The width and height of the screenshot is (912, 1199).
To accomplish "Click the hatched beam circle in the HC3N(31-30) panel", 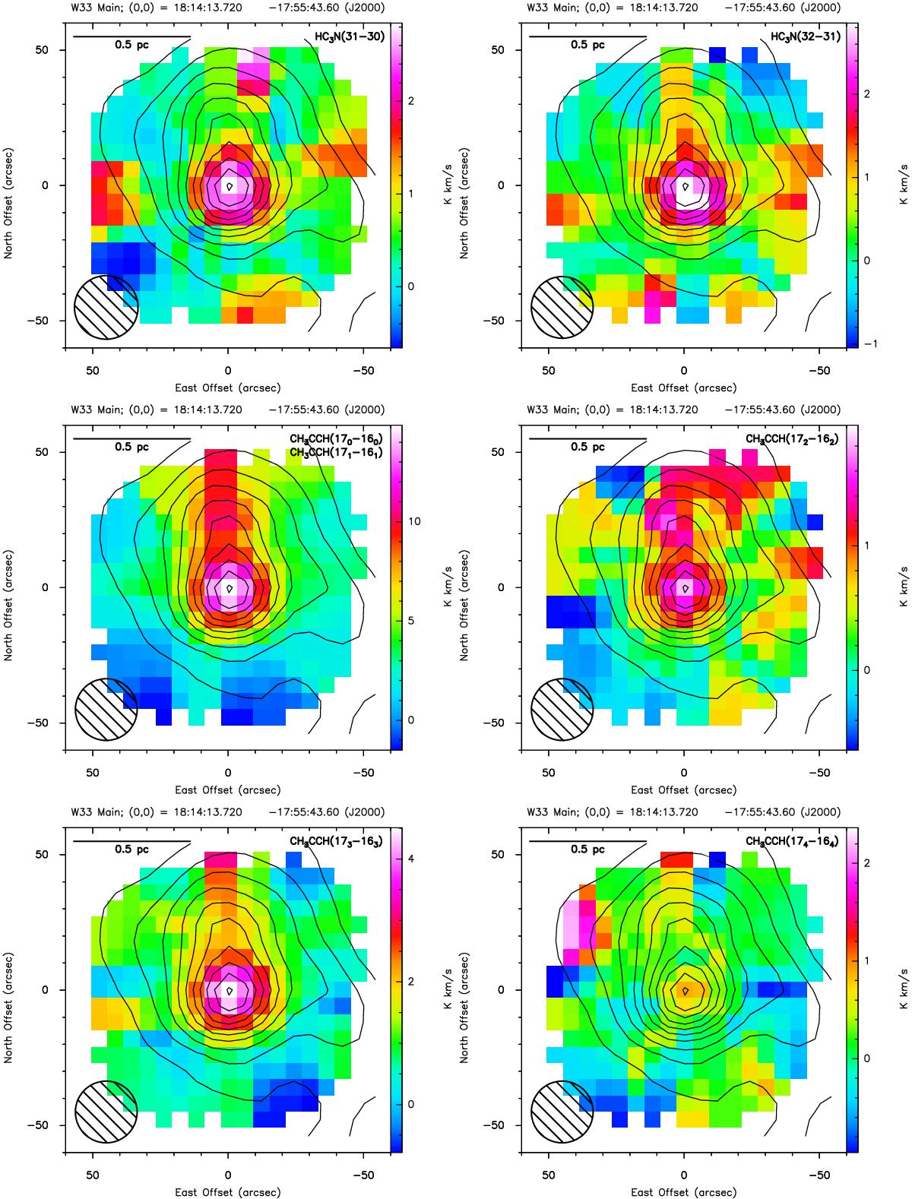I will click(x=106, y=308).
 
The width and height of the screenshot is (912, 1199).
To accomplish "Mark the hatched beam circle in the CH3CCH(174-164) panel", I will click(x=562, y=1112).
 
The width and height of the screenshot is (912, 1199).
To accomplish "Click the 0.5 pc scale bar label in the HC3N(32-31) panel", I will click(x=587, y=45).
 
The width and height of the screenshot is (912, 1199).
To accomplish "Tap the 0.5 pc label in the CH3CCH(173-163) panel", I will click(x=131, y=849).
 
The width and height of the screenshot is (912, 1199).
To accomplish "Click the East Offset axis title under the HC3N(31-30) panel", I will click(x=227, y=388).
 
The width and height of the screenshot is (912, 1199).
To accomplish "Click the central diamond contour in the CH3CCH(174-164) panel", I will click(x=686, y=990).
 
